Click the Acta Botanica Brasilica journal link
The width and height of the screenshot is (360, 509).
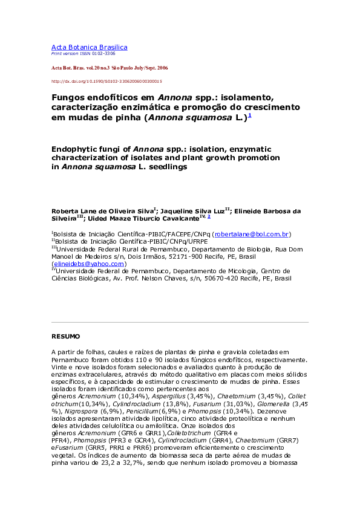click(89, 47)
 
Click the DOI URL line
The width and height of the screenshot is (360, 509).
click(106, 80)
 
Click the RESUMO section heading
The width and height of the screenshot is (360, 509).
click(65, 336)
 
